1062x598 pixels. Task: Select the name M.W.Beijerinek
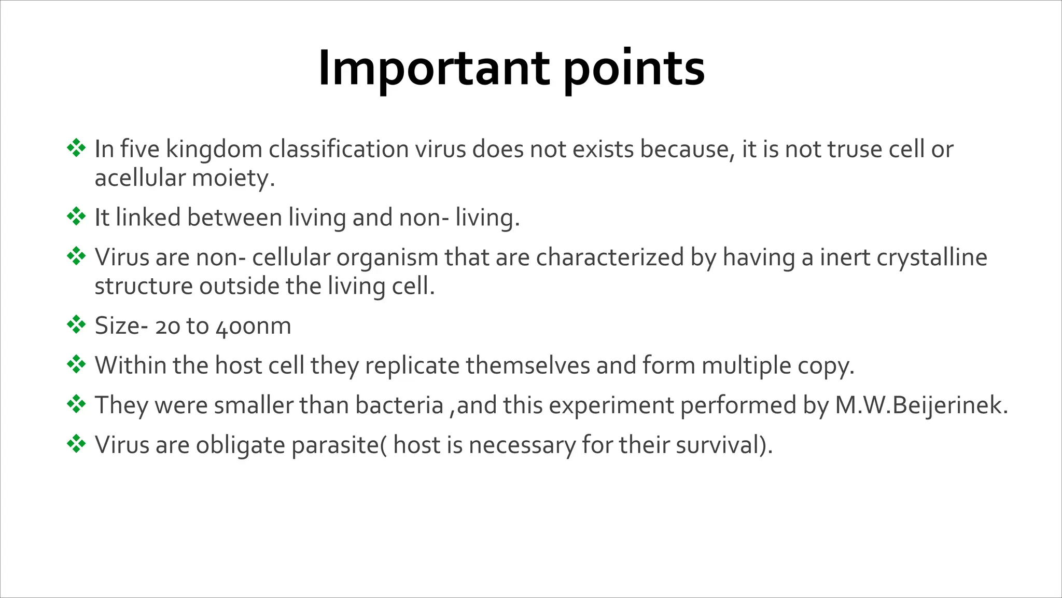(921, 405)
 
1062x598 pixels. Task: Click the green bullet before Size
(76, 325)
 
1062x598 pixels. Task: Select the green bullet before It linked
(76, 216)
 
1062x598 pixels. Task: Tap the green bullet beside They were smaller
(76, 404)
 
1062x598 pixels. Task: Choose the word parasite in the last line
(335, 445)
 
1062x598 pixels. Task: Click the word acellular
(140, 178)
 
